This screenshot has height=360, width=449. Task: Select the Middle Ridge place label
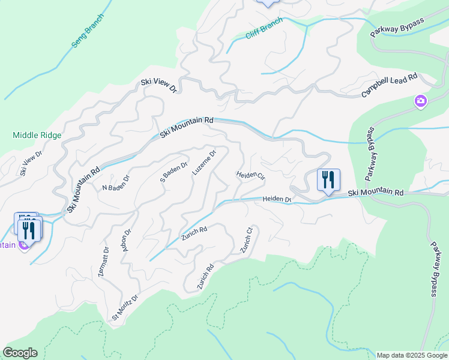click(x=37, y=135)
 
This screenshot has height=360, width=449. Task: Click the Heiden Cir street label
click(x=250, y=175)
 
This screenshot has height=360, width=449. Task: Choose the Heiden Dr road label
click(x=276, y=199)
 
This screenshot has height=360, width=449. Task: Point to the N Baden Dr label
click(x=116, y=182)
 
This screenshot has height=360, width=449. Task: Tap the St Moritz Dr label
click(x=125, y=307)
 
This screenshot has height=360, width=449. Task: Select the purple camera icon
click(x=421, y=101)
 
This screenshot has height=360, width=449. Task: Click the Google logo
click(x=20, y=353)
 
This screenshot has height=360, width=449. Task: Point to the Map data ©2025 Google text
click(x=411, y=355)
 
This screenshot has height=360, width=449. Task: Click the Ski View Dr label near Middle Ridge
click(x=31, y=163)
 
